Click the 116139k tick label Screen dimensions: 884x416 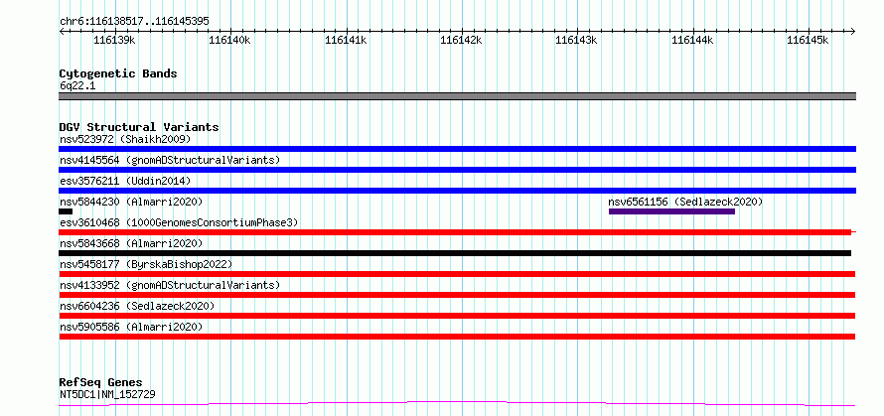point(114,40)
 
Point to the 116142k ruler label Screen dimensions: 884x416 point(461,40)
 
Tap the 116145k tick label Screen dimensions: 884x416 point(808,40)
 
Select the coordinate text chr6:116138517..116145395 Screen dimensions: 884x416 point(135,21)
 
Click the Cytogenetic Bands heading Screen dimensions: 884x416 point(118,73)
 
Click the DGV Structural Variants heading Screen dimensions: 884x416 point(139,127)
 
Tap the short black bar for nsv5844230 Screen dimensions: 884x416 point(66,211)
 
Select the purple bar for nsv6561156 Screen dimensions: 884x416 point(671,211)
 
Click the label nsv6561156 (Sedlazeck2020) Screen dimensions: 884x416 point(685,202)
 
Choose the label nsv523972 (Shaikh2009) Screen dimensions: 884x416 point(125,139)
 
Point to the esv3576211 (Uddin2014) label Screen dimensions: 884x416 point(125,181)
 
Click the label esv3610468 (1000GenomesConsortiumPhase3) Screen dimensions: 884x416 point(179,222)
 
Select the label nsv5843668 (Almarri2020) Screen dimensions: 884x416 point(131,243)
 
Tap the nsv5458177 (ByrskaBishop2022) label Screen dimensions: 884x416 point(146,264)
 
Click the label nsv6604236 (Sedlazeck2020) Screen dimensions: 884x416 point(137,306)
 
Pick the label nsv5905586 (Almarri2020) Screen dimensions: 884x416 point(131,327)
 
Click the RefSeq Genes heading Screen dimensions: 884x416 point(101,383)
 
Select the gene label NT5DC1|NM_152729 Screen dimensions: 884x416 point(107,394)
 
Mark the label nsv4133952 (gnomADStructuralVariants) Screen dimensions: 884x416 point(170,285)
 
